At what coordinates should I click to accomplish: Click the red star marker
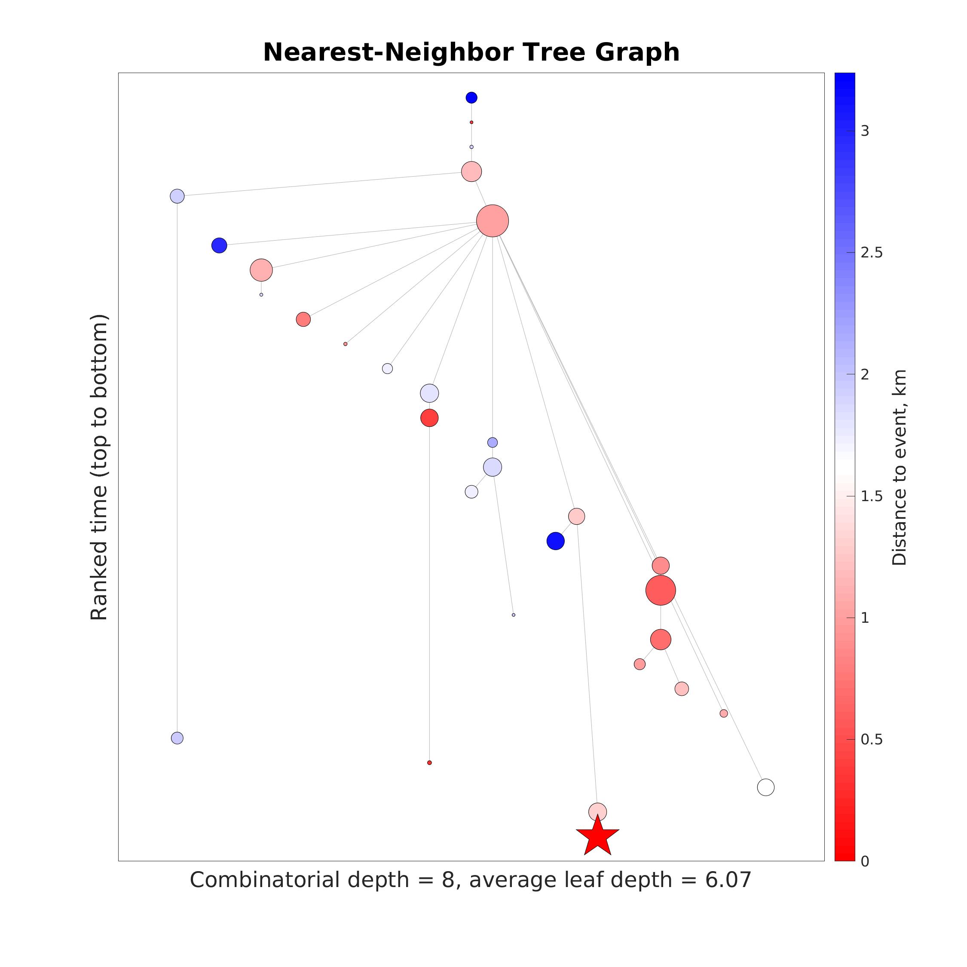pos(598,836)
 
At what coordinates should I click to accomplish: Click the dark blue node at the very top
pos(471,98)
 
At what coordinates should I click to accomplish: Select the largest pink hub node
pos(493,221)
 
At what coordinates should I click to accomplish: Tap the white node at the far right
pos(766,787)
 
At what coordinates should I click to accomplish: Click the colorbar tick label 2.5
pos(872,253)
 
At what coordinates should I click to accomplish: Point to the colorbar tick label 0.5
pos(872,740)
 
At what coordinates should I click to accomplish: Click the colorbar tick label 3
pos(865,131)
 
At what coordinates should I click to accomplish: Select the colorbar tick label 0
pos(865,861)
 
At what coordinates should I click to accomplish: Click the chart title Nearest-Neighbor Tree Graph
pos(471,52)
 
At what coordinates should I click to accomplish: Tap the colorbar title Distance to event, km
pos(900,468)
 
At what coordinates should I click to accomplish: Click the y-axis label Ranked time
pos(99,468)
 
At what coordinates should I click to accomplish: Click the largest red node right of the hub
pos(661,590)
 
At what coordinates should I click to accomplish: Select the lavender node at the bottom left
pos(177,738)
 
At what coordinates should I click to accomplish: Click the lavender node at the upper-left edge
pos(177,196)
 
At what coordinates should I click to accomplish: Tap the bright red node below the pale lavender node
pos(429,417)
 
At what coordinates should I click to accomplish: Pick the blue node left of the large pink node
pos(219,245)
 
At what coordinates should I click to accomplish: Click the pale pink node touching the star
pos(598,811)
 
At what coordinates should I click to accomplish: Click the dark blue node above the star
pos(556,541)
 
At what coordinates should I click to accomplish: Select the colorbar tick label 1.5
pos(872,496)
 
